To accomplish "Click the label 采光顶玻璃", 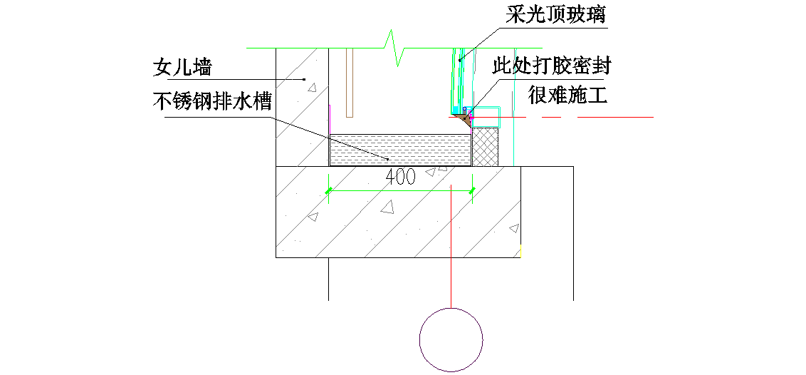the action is pos(556,14).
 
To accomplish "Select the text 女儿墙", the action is pos(183,68).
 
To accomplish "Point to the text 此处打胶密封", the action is pos(553,66).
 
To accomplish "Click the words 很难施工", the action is pos(567,94).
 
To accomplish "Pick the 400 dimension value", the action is pos(401,178).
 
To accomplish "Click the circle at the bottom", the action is pos(451,339).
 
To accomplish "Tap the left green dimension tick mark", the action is pos(328,190).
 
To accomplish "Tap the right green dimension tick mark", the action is pos(473,190).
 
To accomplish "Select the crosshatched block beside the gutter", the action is pos(486,147).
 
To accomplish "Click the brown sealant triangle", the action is pos(464,121).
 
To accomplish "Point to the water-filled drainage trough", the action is pos(401,150).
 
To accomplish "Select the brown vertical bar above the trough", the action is pos(349,82).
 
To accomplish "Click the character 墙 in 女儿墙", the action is pos(202,68).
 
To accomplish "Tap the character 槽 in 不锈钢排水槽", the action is pos(262,101).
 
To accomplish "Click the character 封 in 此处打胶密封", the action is pos(602,66).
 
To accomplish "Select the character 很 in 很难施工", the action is pos(538,94).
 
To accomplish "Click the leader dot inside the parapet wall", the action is pos(304,78).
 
